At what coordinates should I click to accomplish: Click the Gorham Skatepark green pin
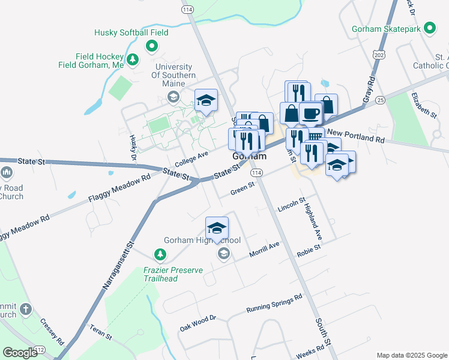[430, 28]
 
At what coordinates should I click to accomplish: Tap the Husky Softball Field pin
[152, 46]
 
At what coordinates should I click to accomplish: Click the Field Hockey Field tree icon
[133, 59]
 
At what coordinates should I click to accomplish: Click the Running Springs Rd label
[274, 304]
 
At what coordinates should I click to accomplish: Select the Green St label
[243, 189]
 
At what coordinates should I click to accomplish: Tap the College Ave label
[191, 159]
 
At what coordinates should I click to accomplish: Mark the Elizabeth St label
[424, 103]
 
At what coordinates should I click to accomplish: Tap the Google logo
[20, 353]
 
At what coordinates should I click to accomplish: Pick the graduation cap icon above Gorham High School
[217, 228]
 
